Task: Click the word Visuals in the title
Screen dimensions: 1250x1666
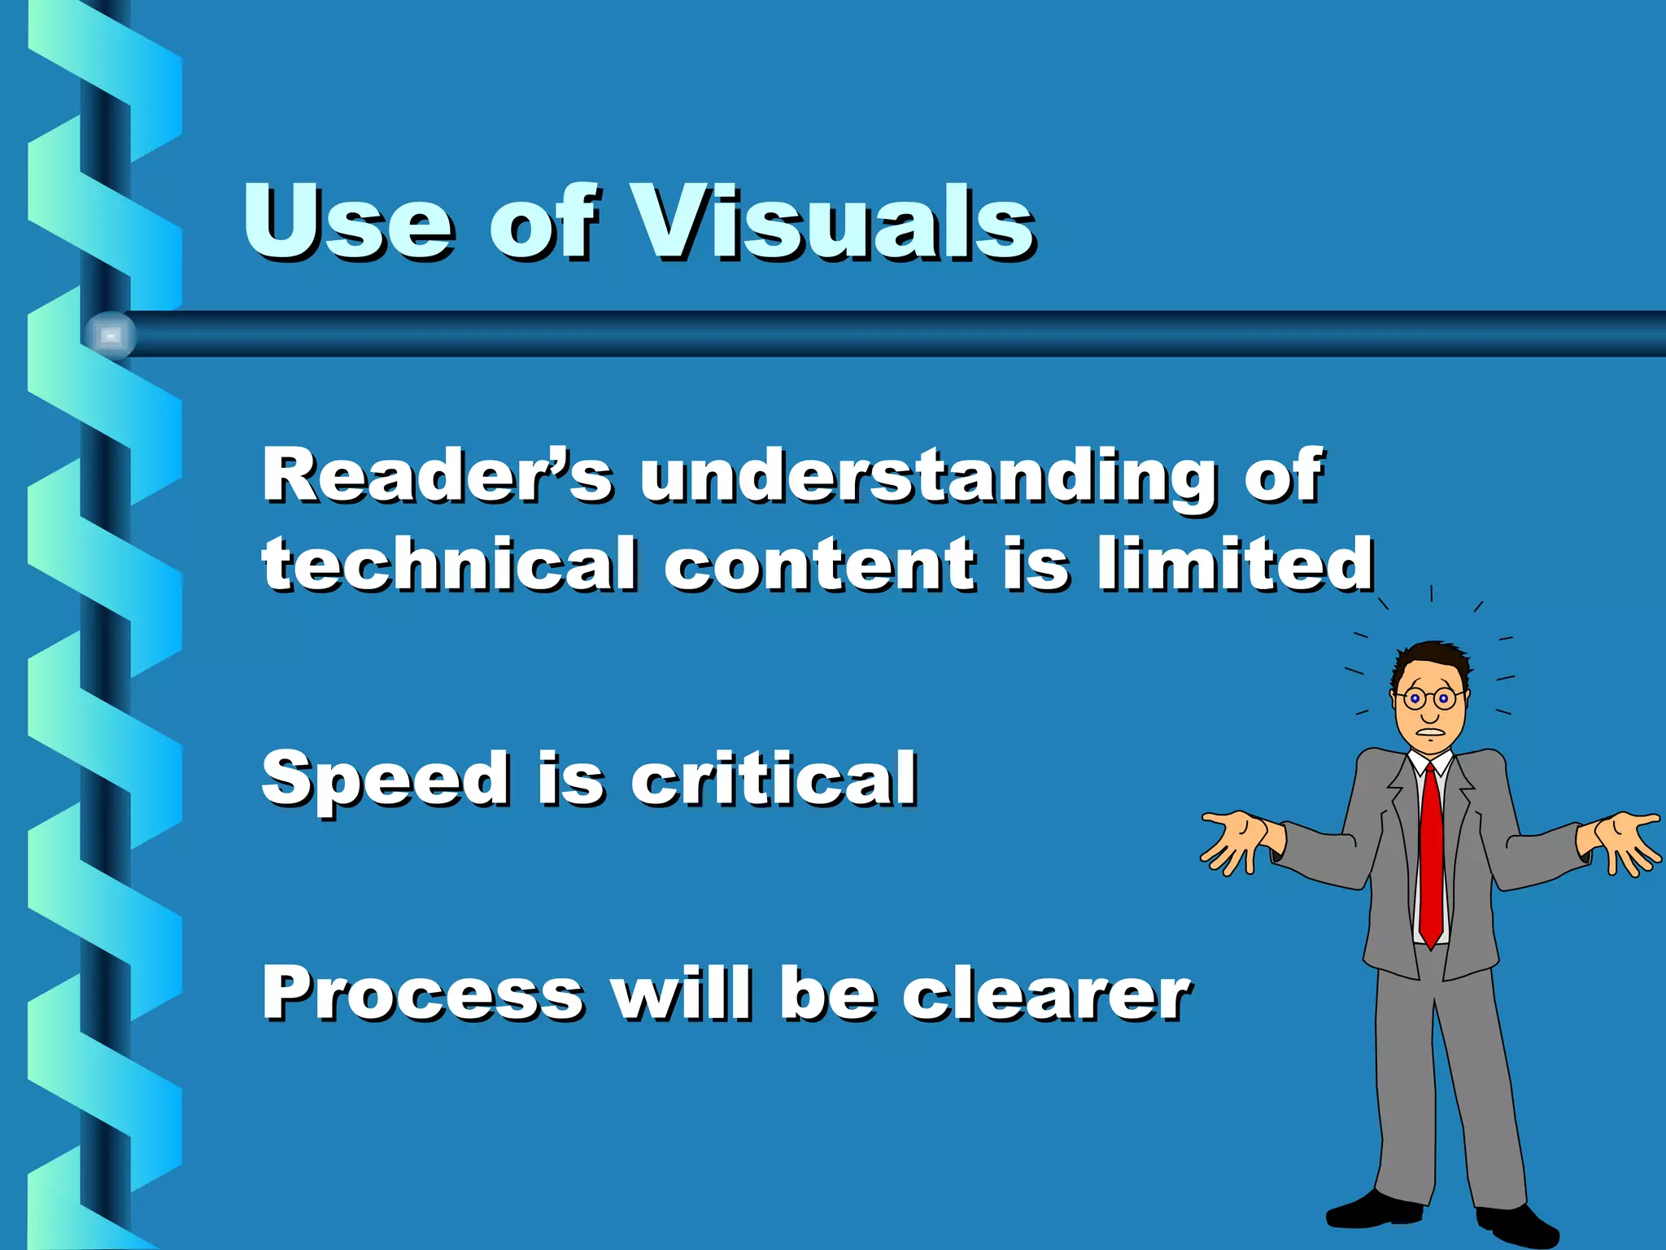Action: point(834,221)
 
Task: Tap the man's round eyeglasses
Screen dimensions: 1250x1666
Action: point(1428,698)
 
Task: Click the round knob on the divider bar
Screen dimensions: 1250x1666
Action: point(111,334)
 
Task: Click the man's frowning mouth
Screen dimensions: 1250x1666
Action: point(1430,731)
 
